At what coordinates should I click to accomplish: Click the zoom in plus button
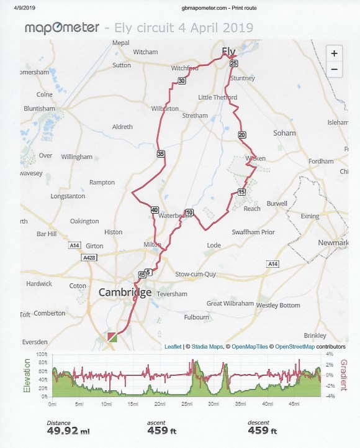(334, 53)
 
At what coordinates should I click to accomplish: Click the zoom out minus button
(334, 69)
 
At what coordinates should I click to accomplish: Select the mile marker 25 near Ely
(233, 63)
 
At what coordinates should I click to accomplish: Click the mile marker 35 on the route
(161, 154)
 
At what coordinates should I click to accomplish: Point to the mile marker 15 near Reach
(241, 191)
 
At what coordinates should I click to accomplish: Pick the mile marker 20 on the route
(241, 135)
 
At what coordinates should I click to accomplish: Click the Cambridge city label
(125, 293)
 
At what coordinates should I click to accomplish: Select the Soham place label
(284, 133)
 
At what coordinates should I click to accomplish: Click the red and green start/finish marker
(112, 337)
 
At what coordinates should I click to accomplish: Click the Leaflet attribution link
(173, 347)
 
